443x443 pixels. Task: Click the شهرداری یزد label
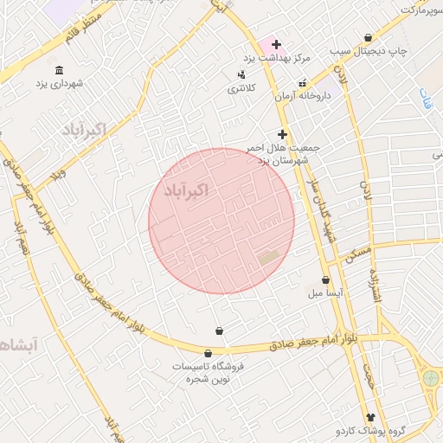pyautogui.click(x=59, y=85)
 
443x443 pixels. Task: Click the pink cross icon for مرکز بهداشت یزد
pyautogui.click(x=276, y=44)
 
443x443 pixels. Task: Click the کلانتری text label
pyautogui.click(x=242, y=88)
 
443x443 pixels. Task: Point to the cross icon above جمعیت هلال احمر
pyautogui.click(x=282, y=134)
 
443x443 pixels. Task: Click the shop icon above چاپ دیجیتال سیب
pyautogui.click(x=369, y=38)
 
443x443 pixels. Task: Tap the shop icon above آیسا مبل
pyautogui.click(x=325, y=279)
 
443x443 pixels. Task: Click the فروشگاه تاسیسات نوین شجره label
pyautogui.click(x=208, y=373)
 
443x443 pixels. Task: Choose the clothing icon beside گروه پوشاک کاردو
pyautogui.click(x=371, y=417)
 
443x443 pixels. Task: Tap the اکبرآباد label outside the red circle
pyautogui.click(x=83, y=131)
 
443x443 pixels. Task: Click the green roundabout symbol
pyautogui.click(x=430, y=378)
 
